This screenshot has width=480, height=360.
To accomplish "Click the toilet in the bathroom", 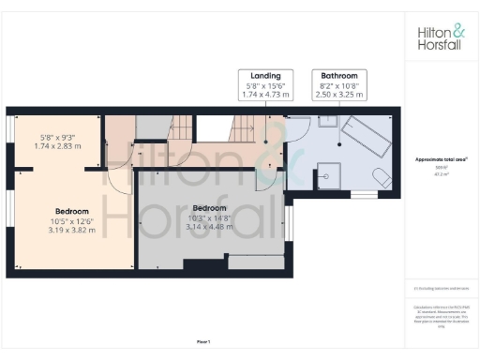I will (x=379, y=177).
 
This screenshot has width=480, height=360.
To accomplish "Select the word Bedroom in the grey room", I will (x=209, y=207).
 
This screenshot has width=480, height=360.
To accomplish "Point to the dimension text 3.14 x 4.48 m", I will (x=209, y=225).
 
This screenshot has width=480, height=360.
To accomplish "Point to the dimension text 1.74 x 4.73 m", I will (x=266, y=95).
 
